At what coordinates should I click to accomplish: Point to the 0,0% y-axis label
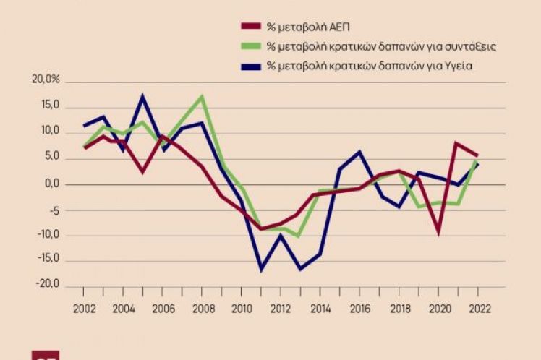(51, 184)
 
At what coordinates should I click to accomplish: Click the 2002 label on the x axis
(85, 307)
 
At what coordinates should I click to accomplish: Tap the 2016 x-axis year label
(359, 307)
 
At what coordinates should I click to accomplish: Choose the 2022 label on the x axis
(477, 307)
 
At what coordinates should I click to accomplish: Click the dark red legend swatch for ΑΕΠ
(250, 27)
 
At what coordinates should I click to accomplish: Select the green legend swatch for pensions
(250, 47)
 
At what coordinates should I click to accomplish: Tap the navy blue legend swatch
(250, 67)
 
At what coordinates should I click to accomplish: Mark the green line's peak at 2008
(203, 96)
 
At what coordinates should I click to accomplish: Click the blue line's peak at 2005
(143, 95)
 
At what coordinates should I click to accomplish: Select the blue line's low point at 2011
(261, 270)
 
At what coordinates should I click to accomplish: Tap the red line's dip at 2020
(438, 233)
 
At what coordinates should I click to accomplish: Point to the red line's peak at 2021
(457, 143)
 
